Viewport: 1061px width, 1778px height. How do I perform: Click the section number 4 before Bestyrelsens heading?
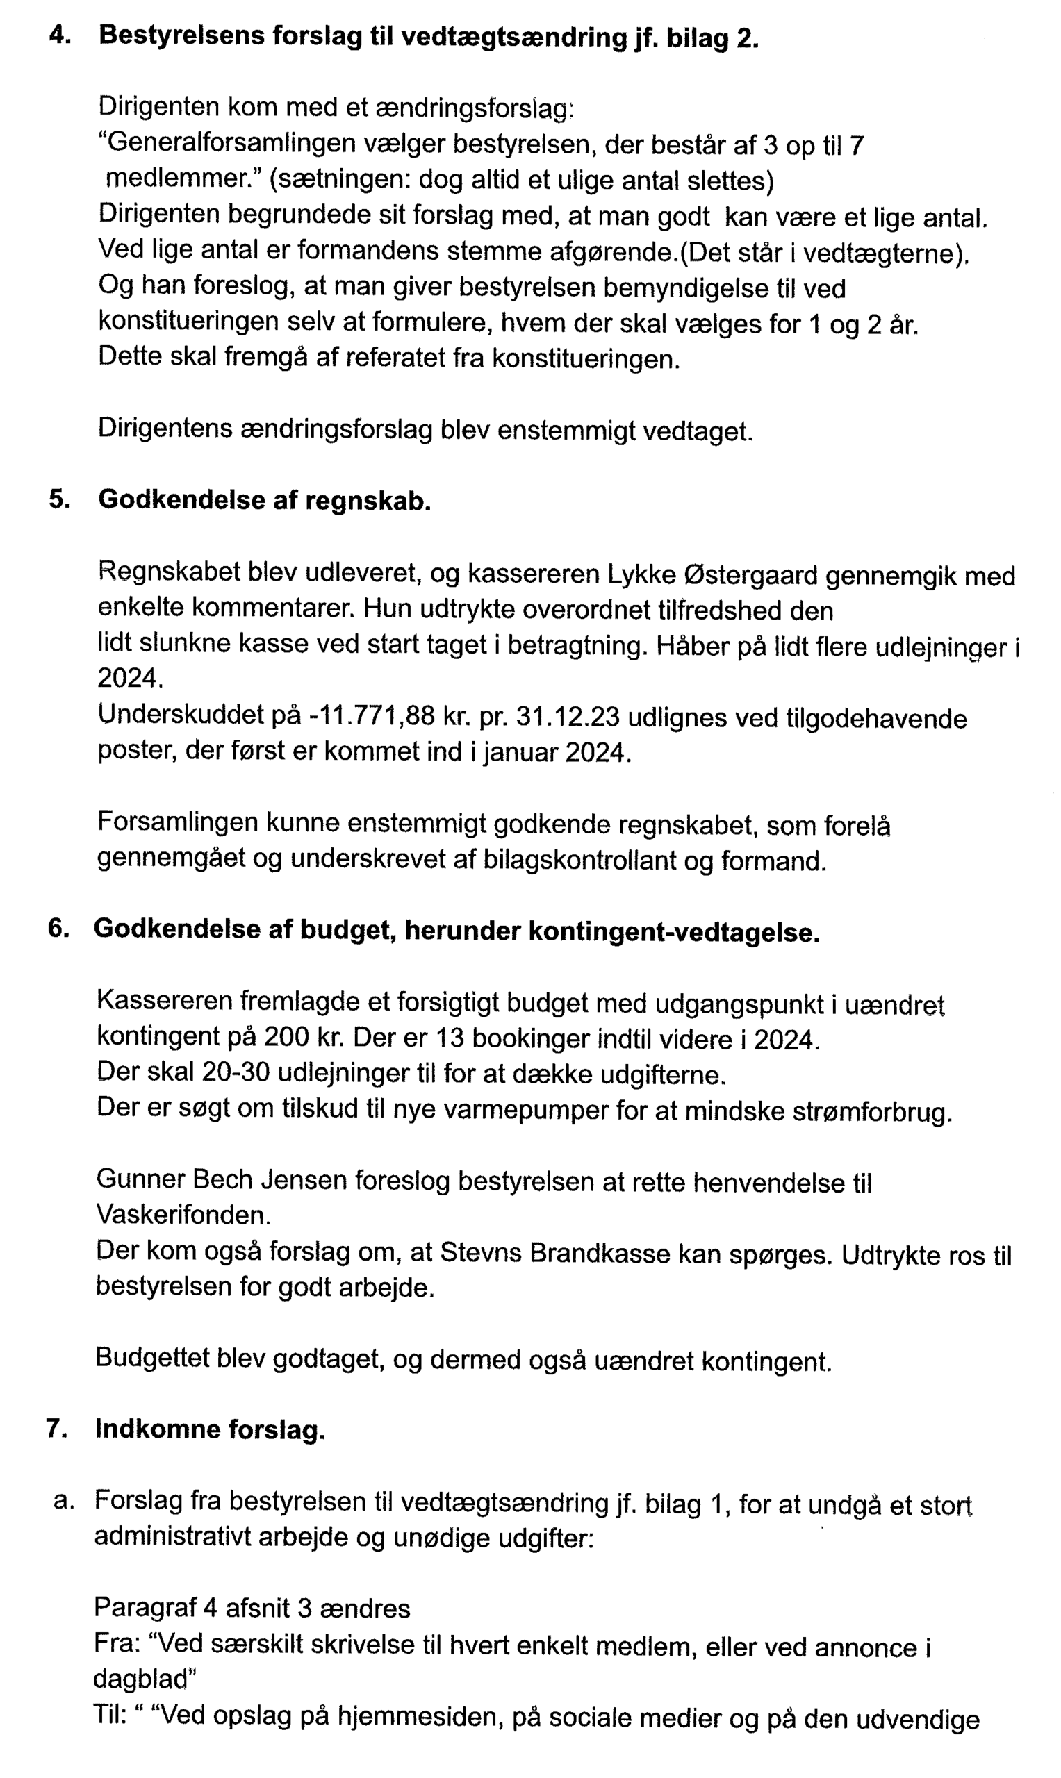[59, 35]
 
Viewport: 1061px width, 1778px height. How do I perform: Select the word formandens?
[375, 251]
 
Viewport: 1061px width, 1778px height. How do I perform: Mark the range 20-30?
[233, 1072]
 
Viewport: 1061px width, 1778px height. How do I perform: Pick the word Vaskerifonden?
[183, 1215]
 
